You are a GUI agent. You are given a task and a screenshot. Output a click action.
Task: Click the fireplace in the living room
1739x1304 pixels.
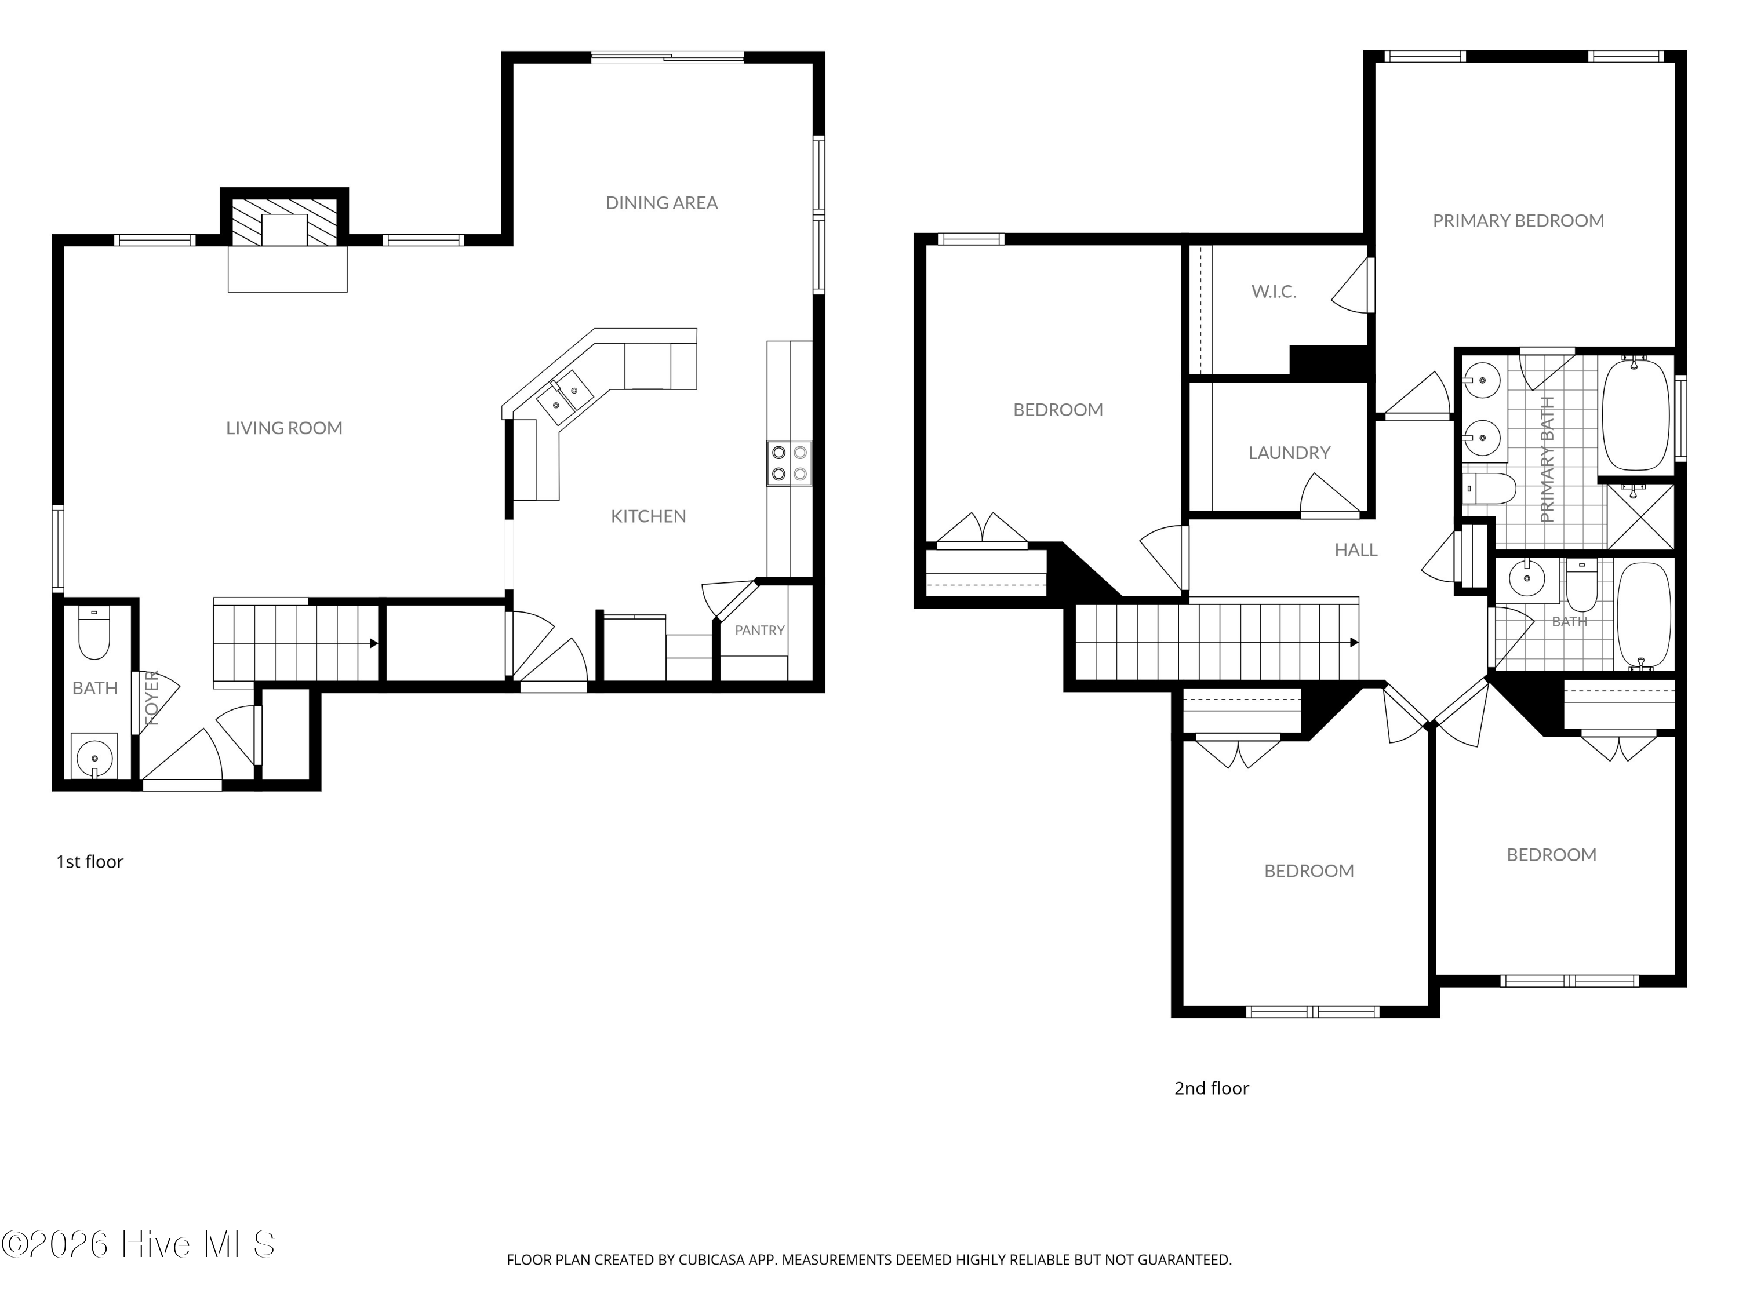[x=285, y=221]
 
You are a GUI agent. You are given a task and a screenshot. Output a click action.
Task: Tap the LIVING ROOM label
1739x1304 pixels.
[x=285, y=428]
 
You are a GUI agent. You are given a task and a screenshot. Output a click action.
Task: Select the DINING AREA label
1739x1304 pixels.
[x=661, y=203]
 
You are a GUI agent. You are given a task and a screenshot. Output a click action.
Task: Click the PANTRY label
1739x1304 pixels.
[x=759, y=631]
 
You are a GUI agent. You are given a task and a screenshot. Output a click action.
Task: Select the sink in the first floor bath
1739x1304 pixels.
[x=94, y=756]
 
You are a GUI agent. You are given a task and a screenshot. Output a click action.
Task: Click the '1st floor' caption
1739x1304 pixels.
[x=90, y=861]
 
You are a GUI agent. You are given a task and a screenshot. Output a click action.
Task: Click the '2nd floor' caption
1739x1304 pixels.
[x=1212, y=1088]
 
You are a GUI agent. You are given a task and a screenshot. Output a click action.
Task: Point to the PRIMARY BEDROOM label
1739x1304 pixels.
[x=1518, y=221]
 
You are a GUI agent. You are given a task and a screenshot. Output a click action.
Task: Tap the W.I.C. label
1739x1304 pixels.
[x=1274, y=292]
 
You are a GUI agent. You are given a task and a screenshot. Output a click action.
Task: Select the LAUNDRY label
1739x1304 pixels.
[x=1289, y=453]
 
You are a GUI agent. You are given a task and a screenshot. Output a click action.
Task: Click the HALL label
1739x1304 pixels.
[x=1356, y=550]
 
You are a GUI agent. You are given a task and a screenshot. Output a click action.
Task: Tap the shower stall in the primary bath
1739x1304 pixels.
[x=1640, y=516]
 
